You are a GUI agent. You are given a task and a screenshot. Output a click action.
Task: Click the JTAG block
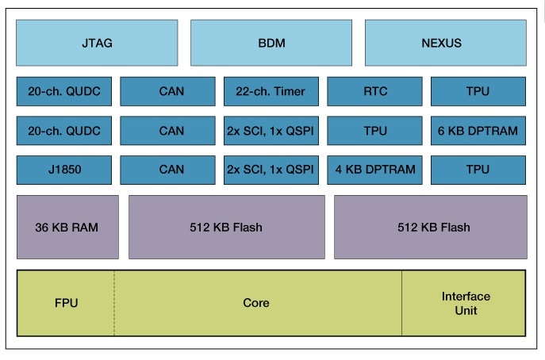(x=97, y=43)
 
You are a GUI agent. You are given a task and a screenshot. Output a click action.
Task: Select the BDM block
(x=271, y=43)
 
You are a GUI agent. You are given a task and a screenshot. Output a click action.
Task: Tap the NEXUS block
(x=445, y=43)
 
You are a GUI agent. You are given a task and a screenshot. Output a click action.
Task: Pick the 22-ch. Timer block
(x=271, y=91)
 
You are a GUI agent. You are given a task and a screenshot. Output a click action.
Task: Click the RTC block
(x=374, y=91)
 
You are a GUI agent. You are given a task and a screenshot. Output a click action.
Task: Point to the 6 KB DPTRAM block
(x=478, y=131)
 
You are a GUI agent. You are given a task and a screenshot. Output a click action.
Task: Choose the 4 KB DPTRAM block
(x=374, y=170)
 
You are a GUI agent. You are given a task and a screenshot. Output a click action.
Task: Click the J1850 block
(x=64, y=170)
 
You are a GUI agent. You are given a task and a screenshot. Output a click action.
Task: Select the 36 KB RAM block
(x=67, y=227)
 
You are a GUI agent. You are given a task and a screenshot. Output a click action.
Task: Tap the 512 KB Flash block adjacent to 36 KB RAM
(x=226, y=227)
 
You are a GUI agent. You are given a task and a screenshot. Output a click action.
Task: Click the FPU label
(x=66, y=303)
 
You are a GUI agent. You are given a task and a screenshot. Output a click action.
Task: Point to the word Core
(x=255, y=303)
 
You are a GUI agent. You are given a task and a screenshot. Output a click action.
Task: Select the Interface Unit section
(x=465, y=303)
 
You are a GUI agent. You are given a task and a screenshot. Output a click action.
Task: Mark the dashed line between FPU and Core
(x=114, y=303)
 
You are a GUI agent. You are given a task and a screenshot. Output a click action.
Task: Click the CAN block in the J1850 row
(x=167, y=170)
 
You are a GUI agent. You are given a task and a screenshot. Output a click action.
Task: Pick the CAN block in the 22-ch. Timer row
(x=167, y=91)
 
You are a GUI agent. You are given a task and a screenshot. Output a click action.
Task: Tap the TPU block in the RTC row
(x=478, y=91)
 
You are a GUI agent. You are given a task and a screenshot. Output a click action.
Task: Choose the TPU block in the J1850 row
(x=478, y=170)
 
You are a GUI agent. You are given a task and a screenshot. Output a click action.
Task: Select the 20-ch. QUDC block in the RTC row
(x=64, y=91)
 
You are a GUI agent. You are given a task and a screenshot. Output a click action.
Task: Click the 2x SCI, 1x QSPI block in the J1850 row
(x=271, y=170)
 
